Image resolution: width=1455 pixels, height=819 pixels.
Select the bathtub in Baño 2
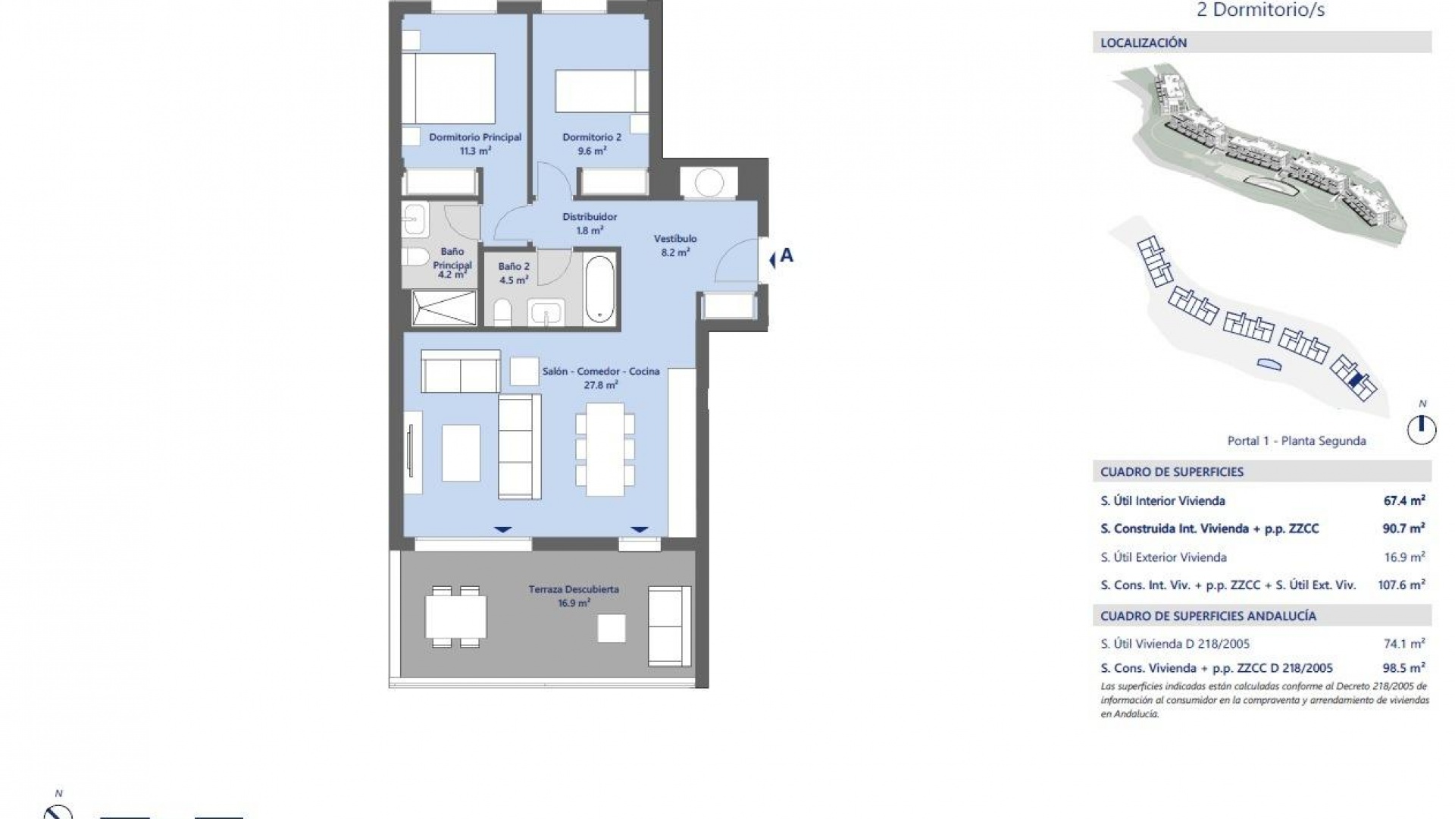(600, 289)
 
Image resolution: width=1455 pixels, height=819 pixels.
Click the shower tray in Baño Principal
(444, 308)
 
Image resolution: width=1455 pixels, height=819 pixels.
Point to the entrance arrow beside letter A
(772, 260)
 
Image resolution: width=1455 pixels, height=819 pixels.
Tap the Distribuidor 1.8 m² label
(590, 223)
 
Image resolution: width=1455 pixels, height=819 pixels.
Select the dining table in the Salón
(605, 449)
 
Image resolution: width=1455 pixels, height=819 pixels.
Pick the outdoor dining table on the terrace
(455, 617)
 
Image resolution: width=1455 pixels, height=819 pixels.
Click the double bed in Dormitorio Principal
(449, 88)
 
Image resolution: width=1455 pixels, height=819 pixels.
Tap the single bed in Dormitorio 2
(602, 91)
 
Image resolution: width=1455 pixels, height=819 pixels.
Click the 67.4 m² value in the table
(1403, 500)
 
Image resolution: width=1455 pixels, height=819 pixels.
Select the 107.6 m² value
(1402, 585)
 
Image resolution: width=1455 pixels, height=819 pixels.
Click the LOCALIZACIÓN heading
(1144, 43)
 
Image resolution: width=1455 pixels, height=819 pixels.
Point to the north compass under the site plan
(1422, 429)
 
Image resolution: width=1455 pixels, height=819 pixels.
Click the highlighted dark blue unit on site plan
(1356, 381)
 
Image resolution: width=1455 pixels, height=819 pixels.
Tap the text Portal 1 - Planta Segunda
(1297, 441)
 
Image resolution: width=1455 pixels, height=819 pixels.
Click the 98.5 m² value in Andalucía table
(1403, 668)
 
